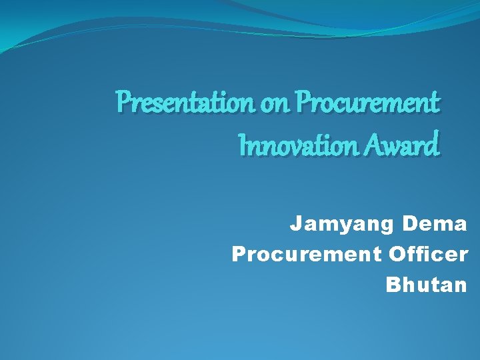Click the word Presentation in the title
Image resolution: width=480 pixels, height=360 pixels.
(x=183, y=103)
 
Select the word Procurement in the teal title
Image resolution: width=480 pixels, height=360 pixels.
(x=367, y=104)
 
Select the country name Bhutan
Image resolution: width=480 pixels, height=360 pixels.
(x=427, y=285)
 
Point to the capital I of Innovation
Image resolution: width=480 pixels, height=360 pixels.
(x=242, y=145)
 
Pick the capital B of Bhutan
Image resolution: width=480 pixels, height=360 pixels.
(x=393, y=285)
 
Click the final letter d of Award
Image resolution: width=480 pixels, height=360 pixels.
(x=433, y=145)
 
